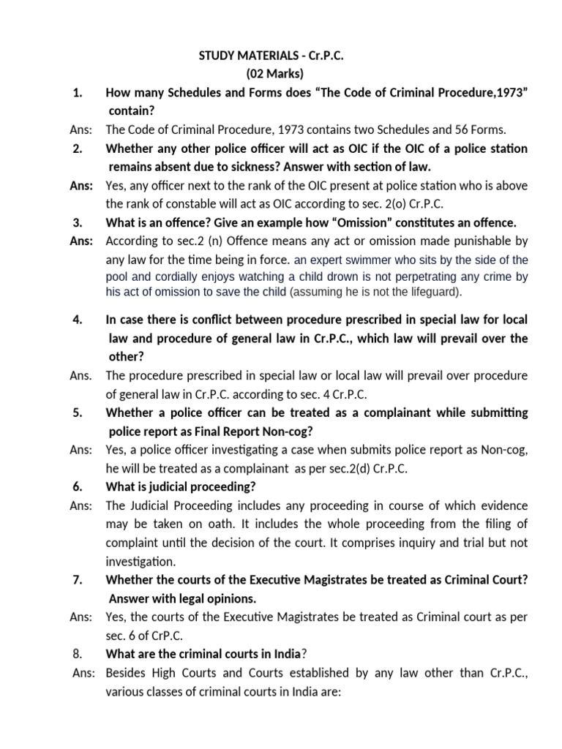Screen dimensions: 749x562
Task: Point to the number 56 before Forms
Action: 443,130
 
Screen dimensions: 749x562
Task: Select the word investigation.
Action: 140,561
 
